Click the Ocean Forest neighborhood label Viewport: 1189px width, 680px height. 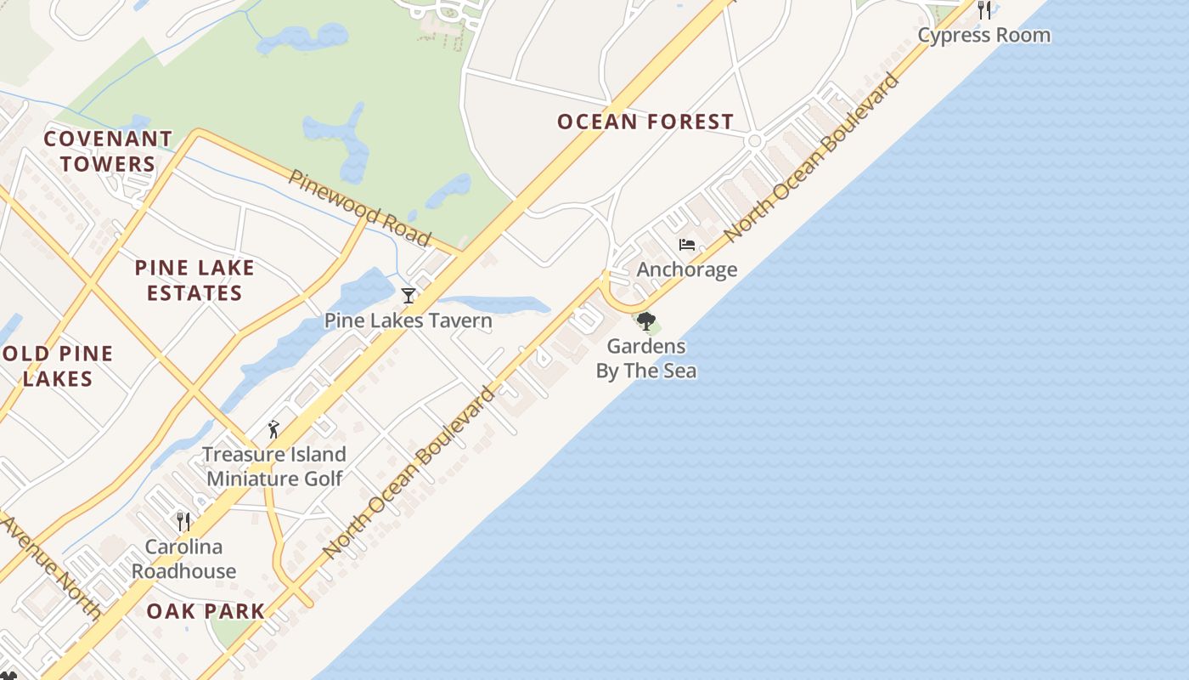645,122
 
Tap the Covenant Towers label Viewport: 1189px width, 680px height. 108,151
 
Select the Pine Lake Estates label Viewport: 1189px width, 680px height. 194,280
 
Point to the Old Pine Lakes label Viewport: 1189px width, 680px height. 58,366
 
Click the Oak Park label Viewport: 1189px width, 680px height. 206,611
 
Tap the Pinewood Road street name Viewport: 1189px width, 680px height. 359,207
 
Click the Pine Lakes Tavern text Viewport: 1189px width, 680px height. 409,320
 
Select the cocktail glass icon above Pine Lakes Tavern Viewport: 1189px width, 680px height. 409,295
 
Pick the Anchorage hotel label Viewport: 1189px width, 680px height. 687,269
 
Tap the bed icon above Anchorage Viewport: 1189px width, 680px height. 687,245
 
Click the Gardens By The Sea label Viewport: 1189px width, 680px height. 646,358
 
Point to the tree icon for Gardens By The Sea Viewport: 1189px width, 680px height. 646,321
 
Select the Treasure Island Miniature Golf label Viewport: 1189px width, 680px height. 274,466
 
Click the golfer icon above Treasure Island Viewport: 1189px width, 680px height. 273,429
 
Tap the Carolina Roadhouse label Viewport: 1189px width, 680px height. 183,558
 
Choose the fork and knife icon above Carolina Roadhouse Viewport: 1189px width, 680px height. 183,521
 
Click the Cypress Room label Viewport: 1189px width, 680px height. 984,35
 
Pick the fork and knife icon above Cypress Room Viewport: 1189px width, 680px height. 984,10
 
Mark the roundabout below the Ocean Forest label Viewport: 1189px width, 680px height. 754,141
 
